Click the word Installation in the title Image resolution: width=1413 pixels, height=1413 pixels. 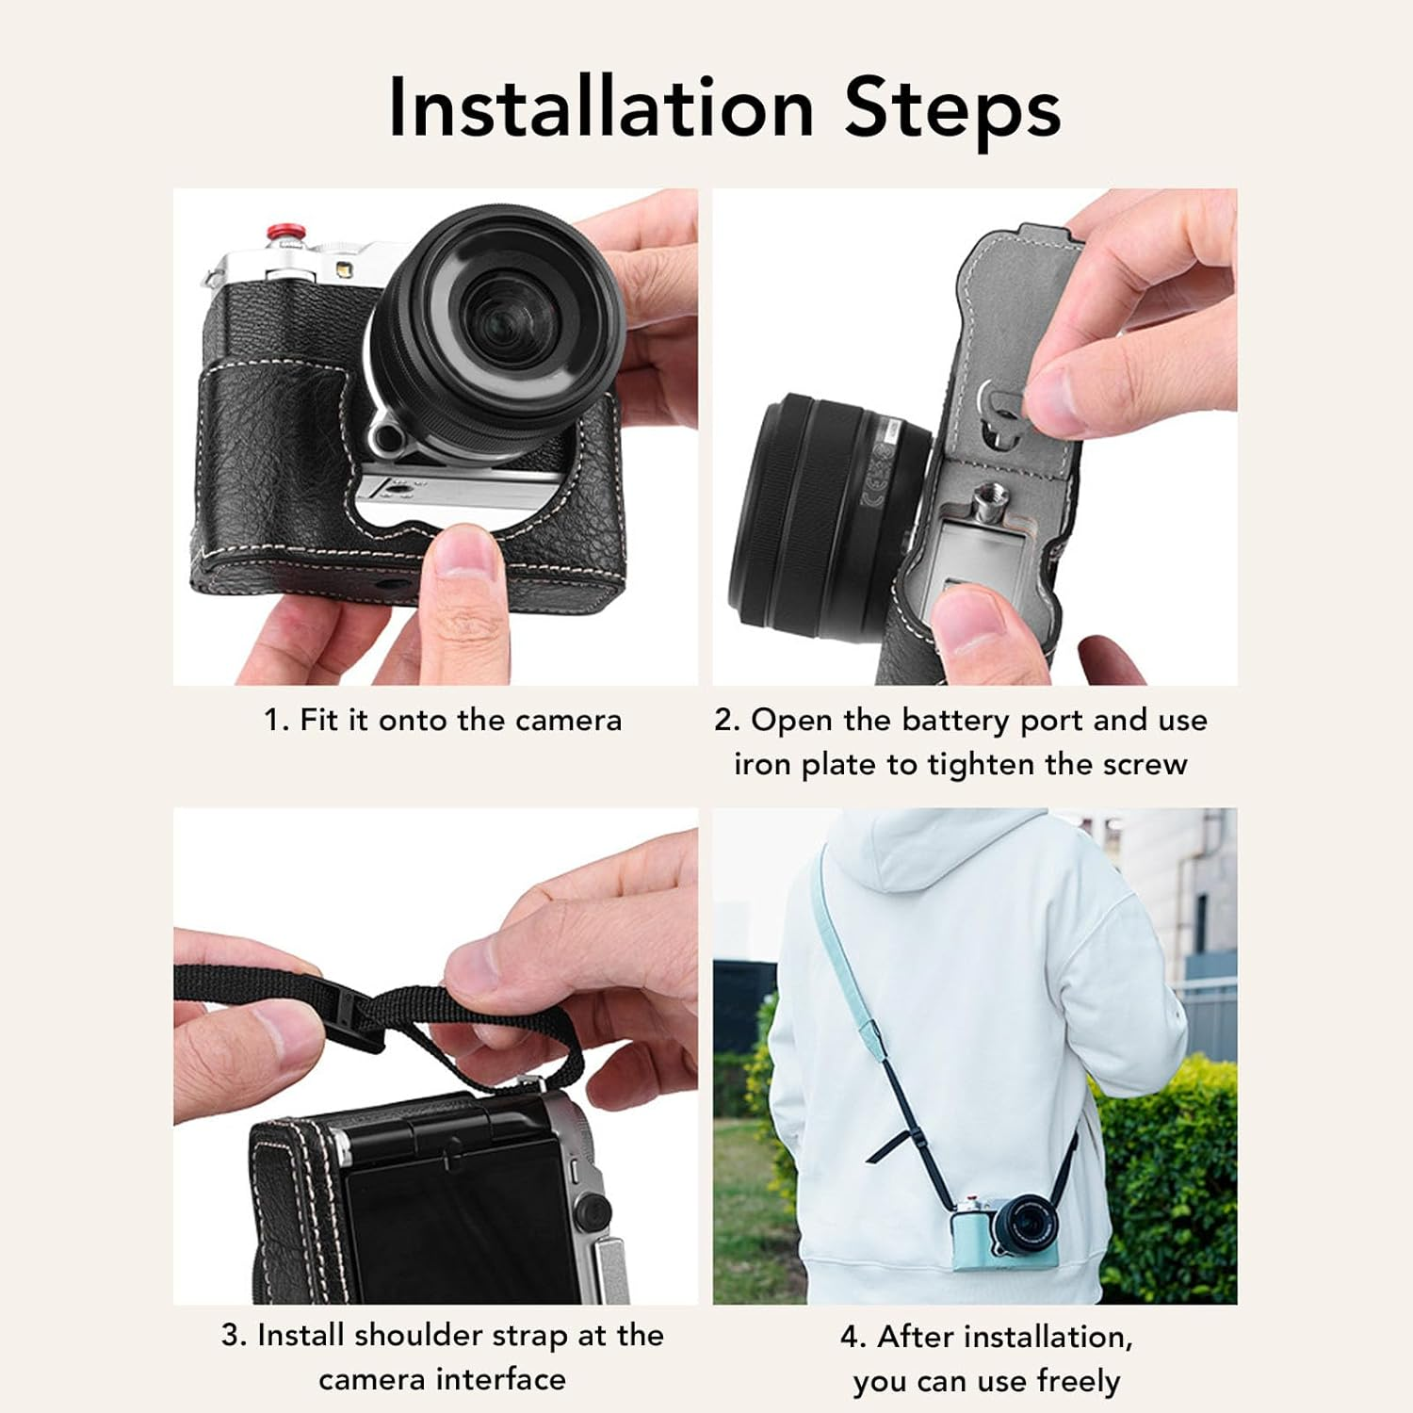601,107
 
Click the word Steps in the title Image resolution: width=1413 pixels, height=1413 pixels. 952,111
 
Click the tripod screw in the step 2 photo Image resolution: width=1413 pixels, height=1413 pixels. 994,495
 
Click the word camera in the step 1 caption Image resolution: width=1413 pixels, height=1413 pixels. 568,722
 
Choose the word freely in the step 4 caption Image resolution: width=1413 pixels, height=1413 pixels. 1079,1382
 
